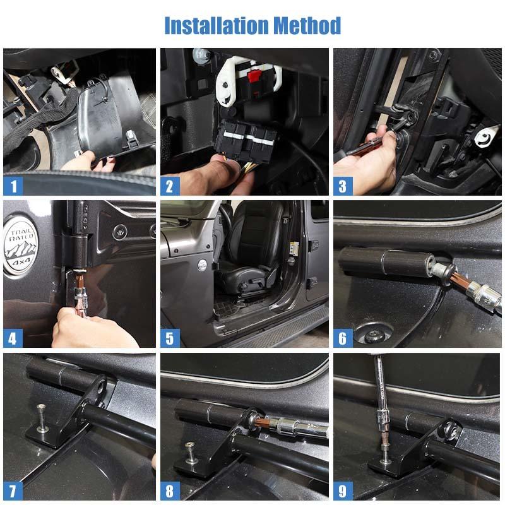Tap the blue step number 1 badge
13,186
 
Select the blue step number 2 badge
169,186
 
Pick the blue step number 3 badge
342,186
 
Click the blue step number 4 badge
13,338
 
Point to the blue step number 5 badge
169,338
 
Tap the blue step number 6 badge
342,338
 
